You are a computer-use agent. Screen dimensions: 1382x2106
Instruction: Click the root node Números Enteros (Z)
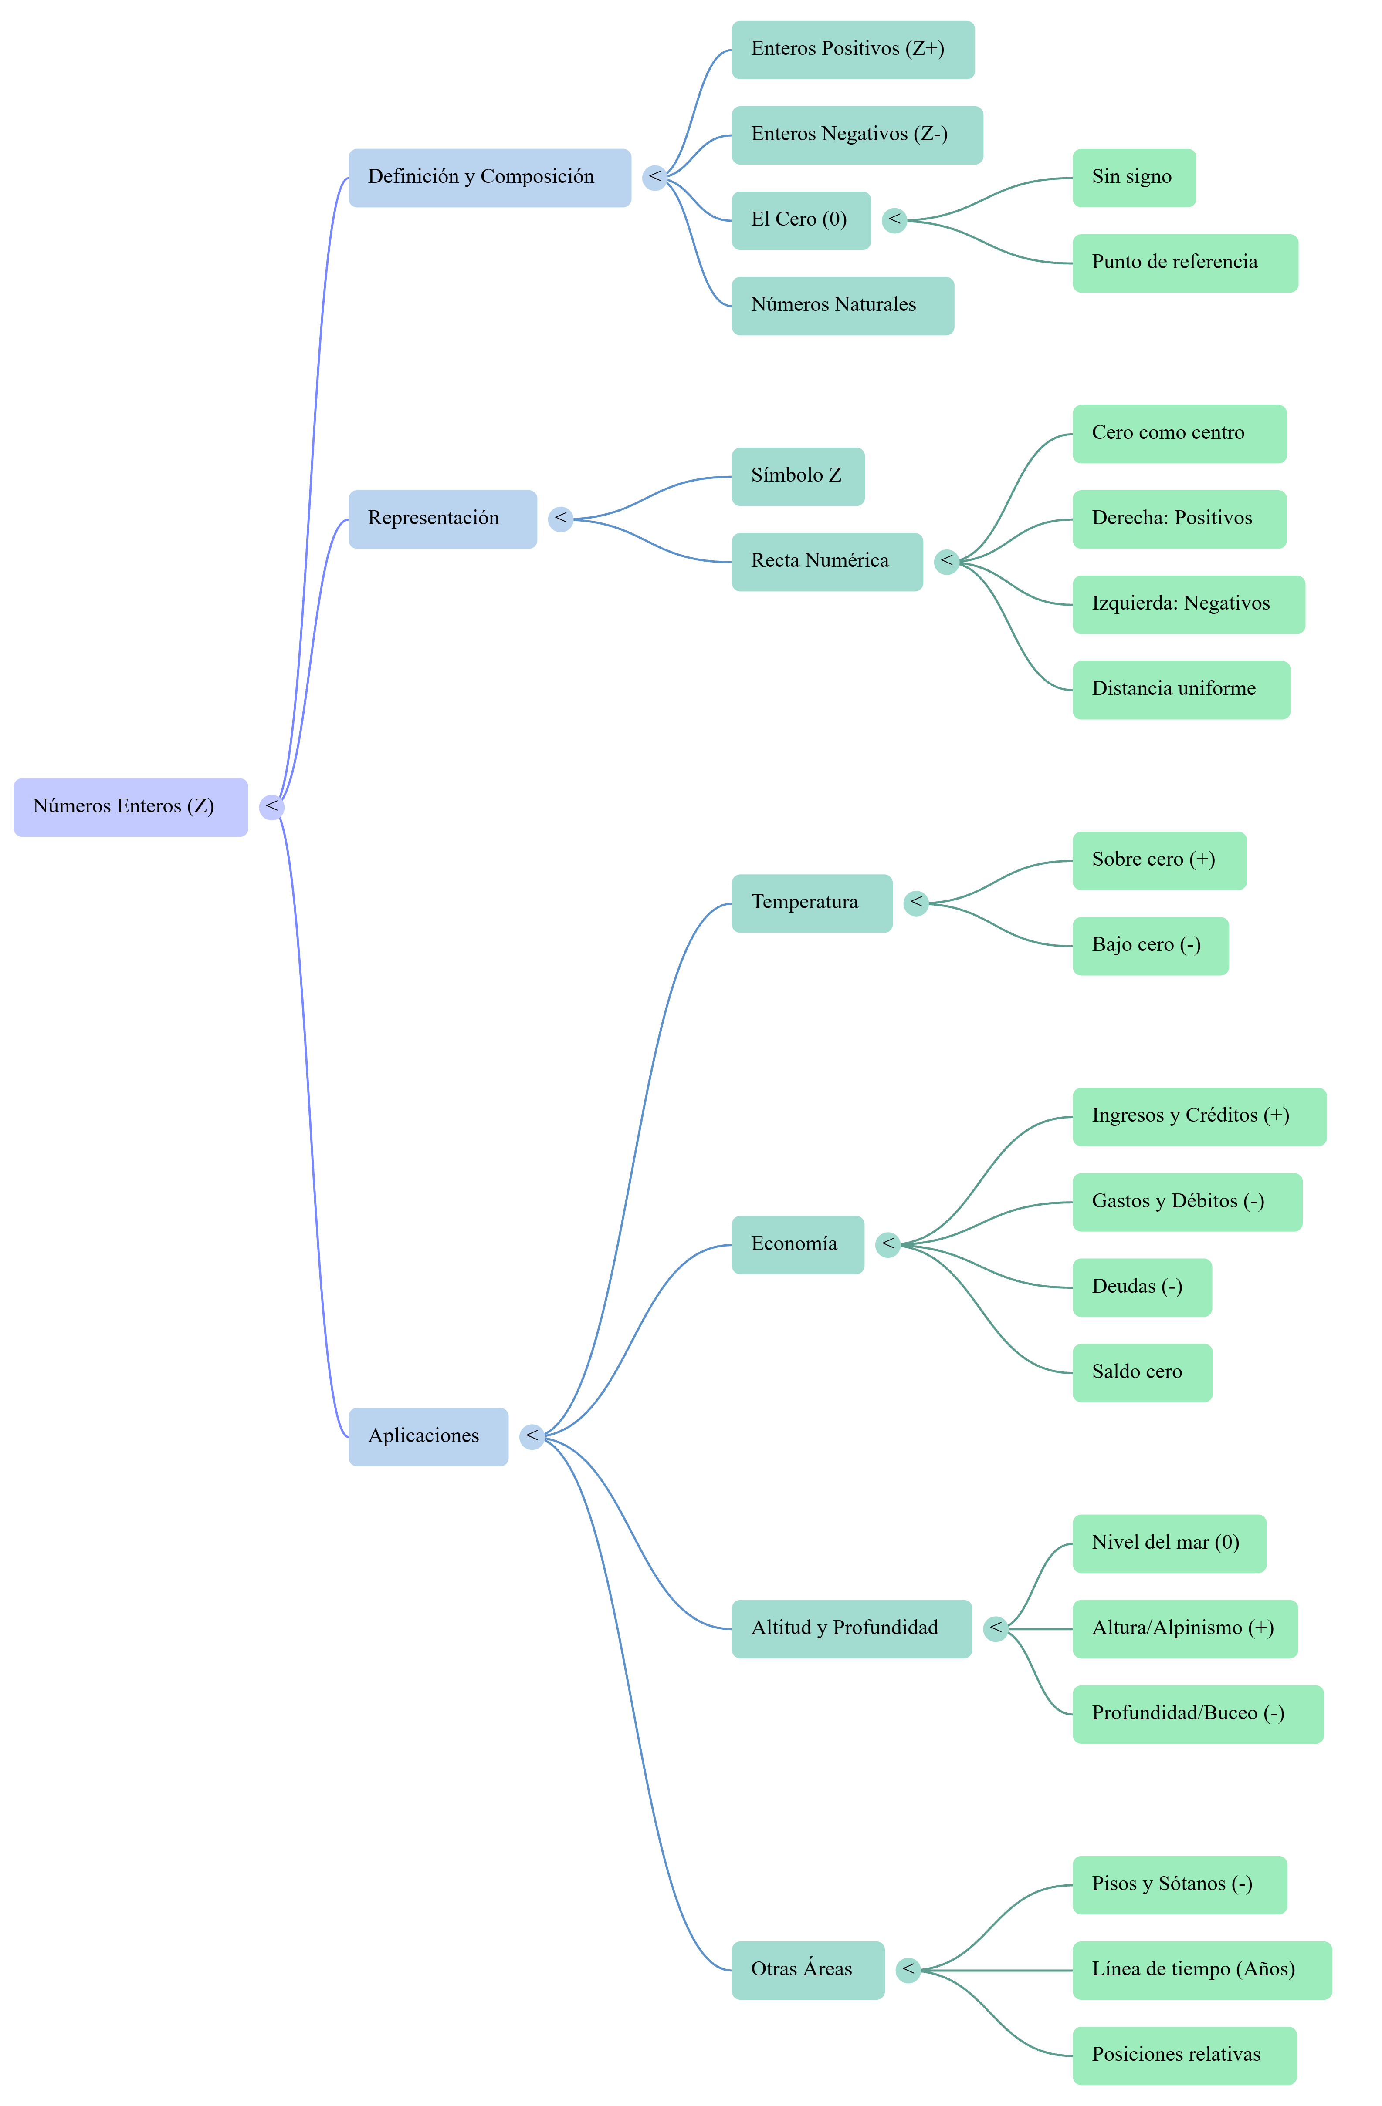coord(130,807)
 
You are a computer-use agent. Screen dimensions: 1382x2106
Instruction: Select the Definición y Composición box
coord(490,178)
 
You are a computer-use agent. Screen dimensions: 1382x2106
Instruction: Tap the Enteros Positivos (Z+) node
coord(853,50)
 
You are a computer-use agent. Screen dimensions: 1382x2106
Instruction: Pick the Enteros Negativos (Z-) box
coord(857,135)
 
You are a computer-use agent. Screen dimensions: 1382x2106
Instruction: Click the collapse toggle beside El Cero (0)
coord(894,220)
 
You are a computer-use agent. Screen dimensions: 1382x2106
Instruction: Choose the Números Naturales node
coord(843,306)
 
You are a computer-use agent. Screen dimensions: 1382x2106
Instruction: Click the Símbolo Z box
coord(798,477)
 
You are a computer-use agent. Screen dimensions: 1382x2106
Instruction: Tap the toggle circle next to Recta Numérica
coord(946,562)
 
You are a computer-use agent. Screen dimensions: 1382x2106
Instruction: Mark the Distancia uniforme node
coord(1181,690)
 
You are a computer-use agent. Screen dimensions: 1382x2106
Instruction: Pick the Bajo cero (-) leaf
coord(1150,946)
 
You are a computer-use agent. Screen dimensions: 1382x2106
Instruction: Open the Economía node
coord(798,1245)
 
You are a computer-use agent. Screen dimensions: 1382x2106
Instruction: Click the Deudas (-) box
coord(1142,1287)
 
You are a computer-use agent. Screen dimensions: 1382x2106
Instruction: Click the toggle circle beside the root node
coord(271,807)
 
